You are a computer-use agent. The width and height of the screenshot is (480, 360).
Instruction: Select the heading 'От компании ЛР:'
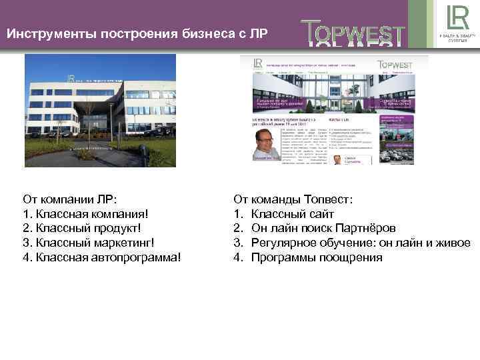coord(69,199)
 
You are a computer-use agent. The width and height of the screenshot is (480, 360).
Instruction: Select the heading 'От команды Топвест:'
coord(293,199)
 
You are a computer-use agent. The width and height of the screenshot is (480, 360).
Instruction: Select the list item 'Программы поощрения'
coord(317,257)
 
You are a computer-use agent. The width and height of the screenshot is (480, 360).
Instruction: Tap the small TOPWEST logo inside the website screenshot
coord(395,65)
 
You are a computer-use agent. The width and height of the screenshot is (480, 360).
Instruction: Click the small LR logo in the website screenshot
coord(257,63)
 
